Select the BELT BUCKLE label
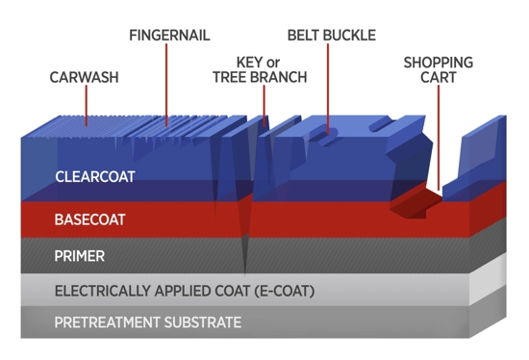click(331, 36)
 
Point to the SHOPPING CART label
click(438, 69)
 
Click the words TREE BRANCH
click(260, 77)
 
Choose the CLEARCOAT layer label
click(95, 177)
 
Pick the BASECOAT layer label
click(90, 219)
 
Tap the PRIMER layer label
click(80, 257)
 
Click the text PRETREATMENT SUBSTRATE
click(147, 322)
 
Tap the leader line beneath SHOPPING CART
click(438, 135)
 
